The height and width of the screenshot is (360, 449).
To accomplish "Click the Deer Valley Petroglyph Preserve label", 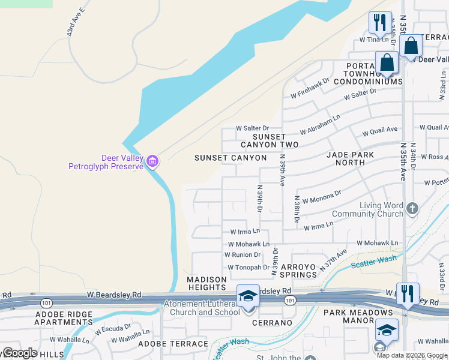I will (x=106, y=162).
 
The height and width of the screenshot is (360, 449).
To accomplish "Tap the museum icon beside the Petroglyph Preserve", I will (x=152, y=161).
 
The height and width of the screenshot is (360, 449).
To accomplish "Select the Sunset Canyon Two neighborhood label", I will (x=270, y=141).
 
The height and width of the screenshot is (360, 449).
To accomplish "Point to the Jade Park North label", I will (x=350, y=158).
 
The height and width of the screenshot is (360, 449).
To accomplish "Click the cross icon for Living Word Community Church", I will (x=412, y=209).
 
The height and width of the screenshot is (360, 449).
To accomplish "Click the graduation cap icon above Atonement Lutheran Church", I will (x=247, y=295).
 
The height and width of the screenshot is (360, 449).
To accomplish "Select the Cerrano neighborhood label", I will (x=273, y=323).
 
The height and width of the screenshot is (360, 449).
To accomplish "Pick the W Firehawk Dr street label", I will (x=310, y=88).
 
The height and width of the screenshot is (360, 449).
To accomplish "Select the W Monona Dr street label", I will (x=322, y=196).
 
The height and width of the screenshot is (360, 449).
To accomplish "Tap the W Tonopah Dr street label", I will (x=249, y=268).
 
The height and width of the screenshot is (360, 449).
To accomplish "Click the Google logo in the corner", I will (x=19, y=353).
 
